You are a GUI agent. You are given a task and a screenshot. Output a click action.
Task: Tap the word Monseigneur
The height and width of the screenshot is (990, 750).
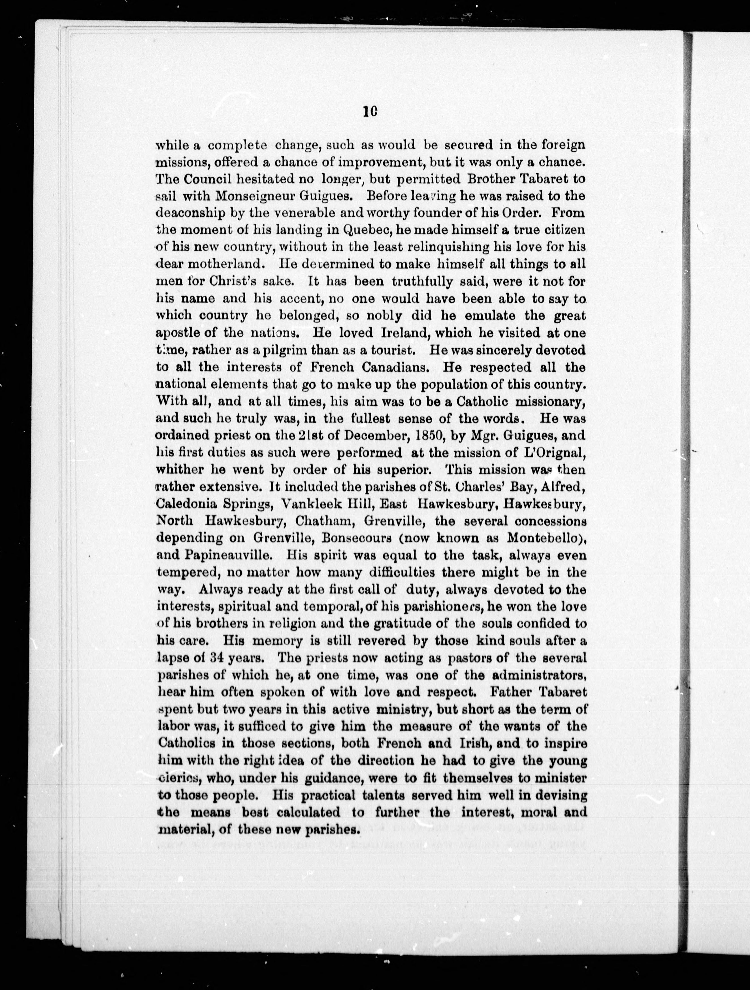pos(254,196)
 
